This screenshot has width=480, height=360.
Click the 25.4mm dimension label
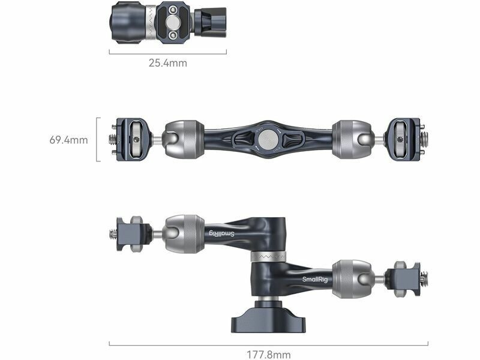click(168, 63)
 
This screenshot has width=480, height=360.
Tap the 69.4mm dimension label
click(68, 140)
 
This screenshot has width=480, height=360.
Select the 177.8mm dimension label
click(268, 355)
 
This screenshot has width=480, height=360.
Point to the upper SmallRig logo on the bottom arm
click(222, 233)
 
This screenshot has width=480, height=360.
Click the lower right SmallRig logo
click(315, 280)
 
